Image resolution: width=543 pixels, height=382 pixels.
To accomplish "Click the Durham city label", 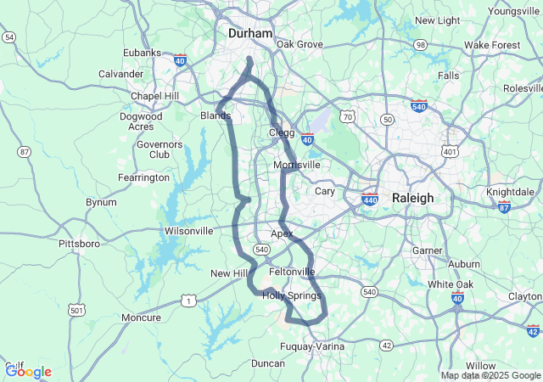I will point(250,33).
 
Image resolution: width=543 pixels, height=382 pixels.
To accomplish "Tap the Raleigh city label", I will point(412,198).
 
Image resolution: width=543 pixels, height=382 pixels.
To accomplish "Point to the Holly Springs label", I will point(291,295).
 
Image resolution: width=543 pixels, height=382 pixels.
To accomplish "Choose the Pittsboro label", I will point(79,244).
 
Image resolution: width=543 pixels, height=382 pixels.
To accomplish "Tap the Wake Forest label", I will point(492,44).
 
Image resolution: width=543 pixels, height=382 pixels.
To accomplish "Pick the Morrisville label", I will point(297,165).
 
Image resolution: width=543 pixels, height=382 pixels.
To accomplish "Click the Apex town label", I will point(281,233).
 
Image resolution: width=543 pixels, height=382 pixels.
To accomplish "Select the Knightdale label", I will point(511,192).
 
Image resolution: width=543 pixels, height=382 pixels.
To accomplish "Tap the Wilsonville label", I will point(188,230).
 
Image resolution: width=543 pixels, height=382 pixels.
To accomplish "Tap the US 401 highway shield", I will point(450,152).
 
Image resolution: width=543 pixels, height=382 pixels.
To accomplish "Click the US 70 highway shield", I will point(347,115).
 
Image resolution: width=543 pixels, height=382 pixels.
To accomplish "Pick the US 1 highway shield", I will point(188,300).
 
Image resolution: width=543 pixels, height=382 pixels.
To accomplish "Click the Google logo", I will point(28,371).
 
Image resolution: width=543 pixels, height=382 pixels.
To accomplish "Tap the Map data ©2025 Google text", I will point(490,375).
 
